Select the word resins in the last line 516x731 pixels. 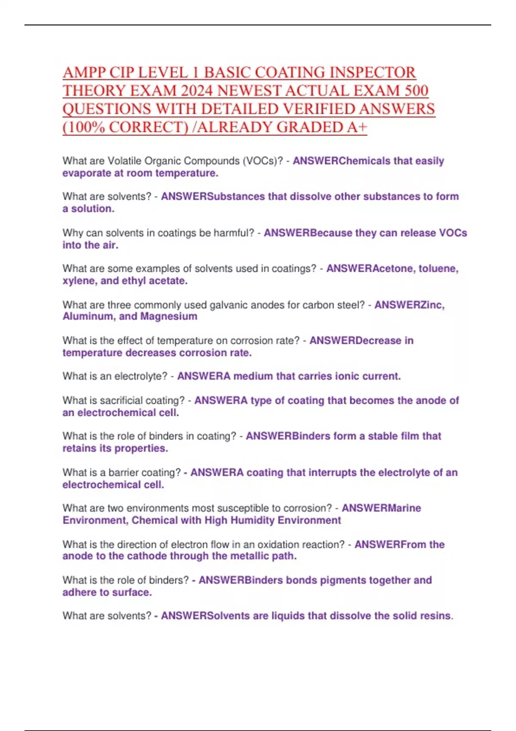click(x=436, y=616)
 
